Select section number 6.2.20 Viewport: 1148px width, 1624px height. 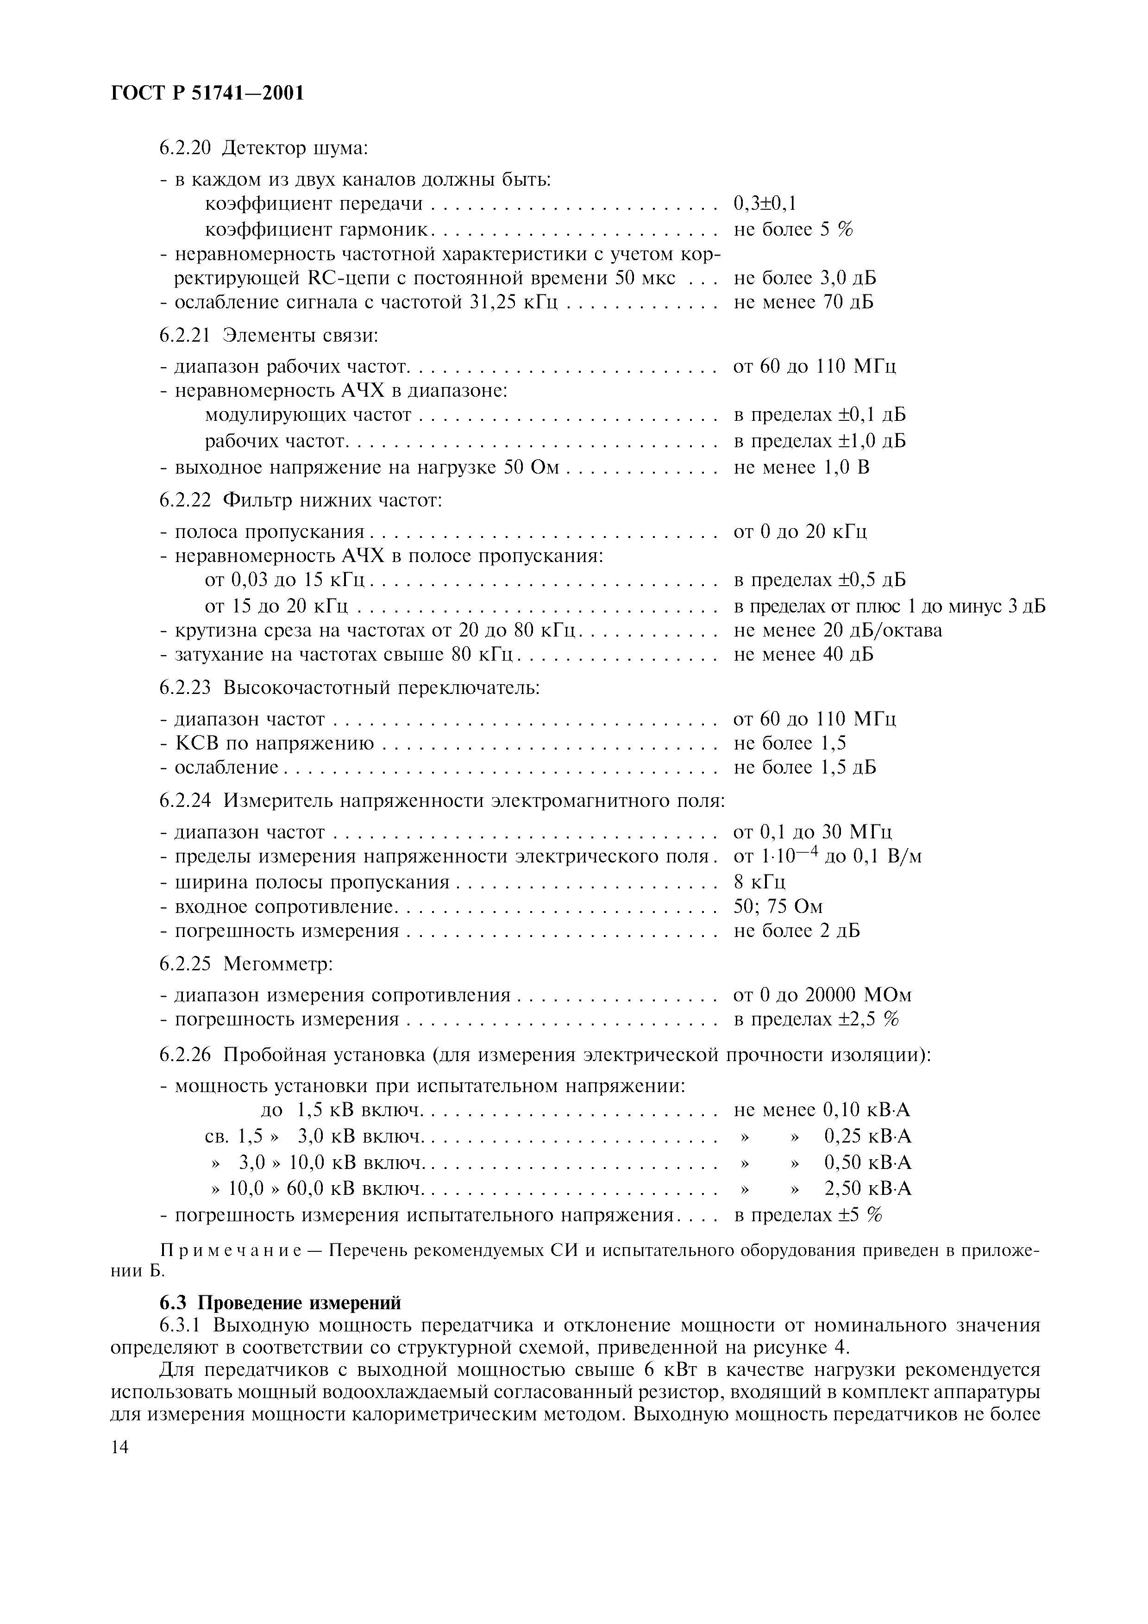coord(185,149)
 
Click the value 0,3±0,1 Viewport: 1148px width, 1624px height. coord(765,205)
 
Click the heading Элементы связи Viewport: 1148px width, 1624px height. coord(301,335)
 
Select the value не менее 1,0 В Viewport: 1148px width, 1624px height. coord(802,468)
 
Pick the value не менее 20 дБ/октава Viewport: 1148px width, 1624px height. coord(837,630)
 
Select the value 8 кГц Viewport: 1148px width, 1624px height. coord(759,882)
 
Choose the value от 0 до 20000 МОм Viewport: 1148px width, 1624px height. coord(822,995)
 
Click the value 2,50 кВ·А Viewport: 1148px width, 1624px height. coord(868,1188)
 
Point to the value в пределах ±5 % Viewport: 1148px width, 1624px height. coord(808,1215)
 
